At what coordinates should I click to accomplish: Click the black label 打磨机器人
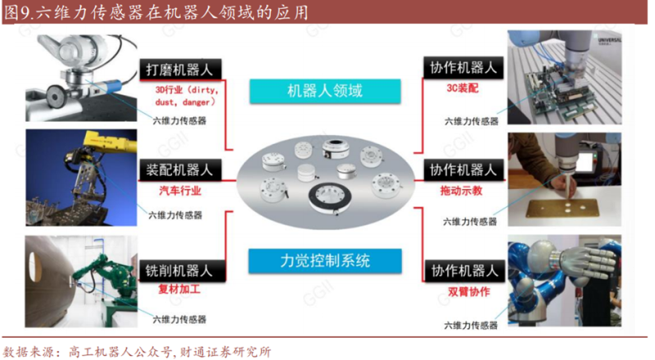point(180,69)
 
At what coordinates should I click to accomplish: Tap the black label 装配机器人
point(179,170)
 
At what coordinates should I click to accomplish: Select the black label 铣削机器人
point(182,271)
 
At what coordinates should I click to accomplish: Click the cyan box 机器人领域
point(325,91)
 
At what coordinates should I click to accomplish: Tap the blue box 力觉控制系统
point(325,261)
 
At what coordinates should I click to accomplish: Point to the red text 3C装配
point(463,88)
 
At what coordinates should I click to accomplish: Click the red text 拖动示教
point(461,191)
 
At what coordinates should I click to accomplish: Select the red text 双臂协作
point(468,291)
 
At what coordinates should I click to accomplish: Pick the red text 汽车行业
point(180,191)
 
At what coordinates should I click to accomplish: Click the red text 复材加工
point(179,289)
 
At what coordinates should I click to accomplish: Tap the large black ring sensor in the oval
point(330,198)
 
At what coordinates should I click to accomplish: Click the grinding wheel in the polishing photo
point(55,96)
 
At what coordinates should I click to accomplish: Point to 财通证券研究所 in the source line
point(226,352)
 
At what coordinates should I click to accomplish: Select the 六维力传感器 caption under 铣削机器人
point(179,319)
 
